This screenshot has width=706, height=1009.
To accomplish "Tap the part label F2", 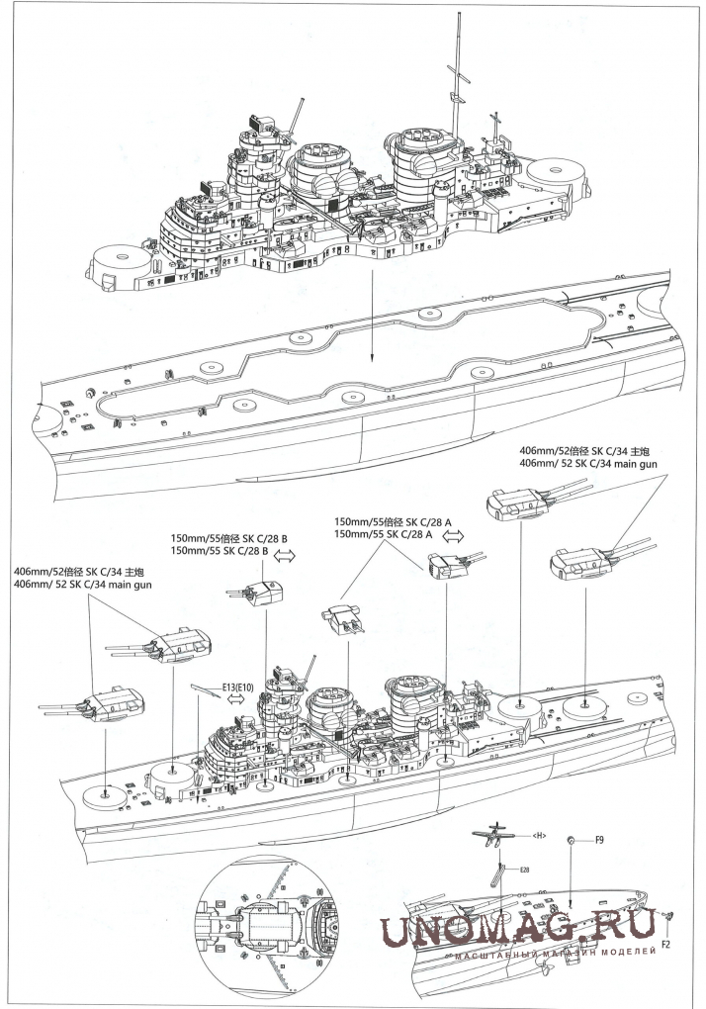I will pos(666,945).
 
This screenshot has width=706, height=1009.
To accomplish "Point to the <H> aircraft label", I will pos(539,836).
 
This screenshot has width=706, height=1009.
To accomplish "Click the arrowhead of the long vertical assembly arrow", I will pos(372,360).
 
